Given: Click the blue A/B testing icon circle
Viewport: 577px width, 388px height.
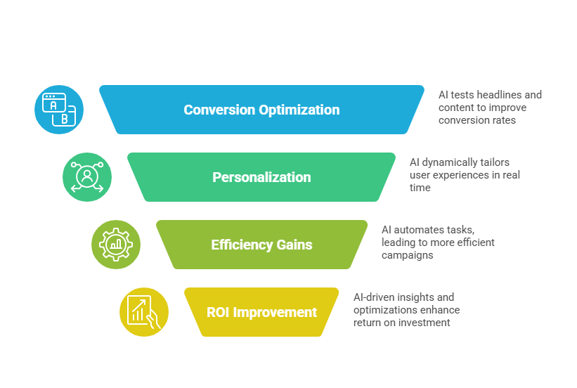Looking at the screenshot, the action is click(x=59, y=110).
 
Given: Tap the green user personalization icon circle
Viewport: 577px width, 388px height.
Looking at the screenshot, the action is click(x=87, y=177).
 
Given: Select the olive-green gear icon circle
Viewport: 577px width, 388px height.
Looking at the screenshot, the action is click(x=116, y=245).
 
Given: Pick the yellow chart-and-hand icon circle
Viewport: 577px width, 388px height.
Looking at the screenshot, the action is click(x=144, y=312).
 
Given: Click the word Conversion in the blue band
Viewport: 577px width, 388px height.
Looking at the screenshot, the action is click(x=219, y=110).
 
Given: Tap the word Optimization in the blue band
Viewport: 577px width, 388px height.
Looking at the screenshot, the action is click(x=299, y=110).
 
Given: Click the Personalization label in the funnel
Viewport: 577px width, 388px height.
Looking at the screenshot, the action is click(x=261, y=177).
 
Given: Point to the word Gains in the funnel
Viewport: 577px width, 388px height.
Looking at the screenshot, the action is click(x=294, y=245).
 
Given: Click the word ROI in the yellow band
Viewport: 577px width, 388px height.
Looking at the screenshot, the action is click(x=218, y=312).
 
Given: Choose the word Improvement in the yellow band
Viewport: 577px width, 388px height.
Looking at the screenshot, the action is click(x=275, y=313).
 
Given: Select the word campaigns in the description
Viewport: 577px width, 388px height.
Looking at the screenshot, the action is click(x=408, y=255).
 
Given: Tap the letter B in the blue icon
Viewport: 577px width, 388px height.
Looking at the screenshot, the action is click(x=65, y=119).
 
